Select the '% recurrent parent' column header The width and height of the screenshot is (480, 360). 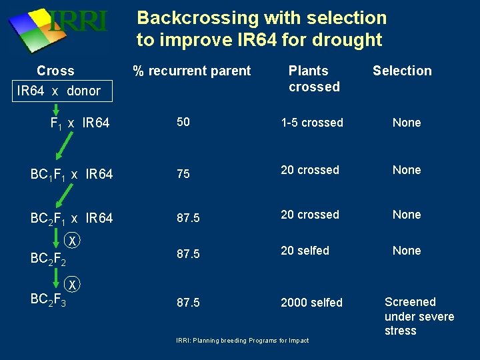tap(191, 71)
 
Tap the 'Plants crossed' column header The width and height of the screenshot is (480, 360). tap(313, 79)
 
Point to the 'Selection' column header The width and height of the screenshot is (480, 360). tap(402, 71)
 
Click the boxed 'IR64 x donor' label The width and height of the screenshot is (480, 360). tap(58, 91)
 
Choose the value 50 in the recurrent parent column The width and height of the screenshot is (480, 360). tap(183, 123)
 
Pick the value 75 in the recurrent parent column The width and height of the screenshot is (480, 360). tap(183, 174)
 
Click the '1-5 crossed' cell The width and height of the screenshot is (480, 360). tap(312, 123)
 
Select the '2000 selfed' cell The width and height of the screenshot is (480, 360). tap(311, 303)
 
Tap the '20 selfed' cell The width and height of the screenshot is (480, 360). tap(305, 251)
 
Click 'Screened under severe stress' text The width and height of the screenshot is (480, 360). tap(419, 316)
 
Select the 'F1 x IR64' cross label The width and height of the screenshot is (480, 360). tap(80, 123)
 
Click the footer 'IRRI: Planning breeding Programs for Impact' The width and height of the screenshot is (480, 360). tap(242, 341)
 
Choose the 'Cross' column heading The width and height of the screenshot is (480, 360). tap(55, 71)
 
